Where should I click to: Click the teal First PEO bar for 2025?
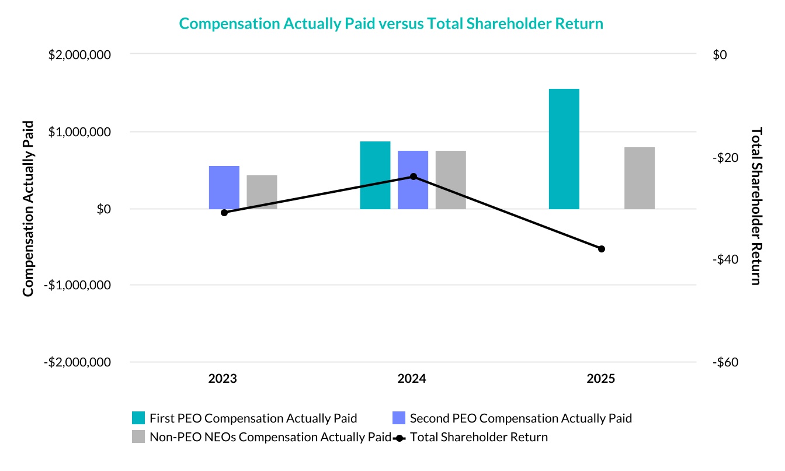(564, 149)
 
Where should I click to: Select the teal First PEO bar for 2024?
(375, 175)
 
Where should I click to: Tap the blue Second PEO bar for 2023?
(224, 188)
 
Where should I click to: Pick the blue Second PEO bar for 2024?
(413, 180)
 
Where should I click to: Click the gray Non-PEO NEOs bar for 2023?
(262, 192)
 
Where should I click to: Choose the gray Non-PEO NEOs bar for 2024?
(450, 180)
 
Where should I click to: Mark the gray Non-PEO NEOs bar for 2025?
(640, 178)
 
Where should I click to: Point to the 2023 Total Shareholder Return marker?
(224, 212)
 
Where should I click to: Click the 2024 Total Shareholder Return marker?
(414, 176)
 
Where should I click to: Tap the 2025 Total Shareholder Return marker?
(602, 249)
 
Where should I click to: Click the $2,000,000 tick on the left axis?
(81, 55)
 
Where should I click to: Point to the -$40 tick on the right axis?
(727, 259)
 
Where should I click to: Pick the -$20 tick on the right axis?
(727, 158)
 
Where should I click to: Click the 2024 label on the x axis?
(412, 379)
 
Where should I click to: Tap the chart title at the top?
(391, 23)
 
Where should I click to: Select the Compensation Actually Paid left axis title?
(28, 208)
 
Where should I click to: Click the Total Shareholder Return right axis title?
(756, 206)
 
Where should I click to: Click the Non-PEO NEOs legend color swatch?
(138, 437)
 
